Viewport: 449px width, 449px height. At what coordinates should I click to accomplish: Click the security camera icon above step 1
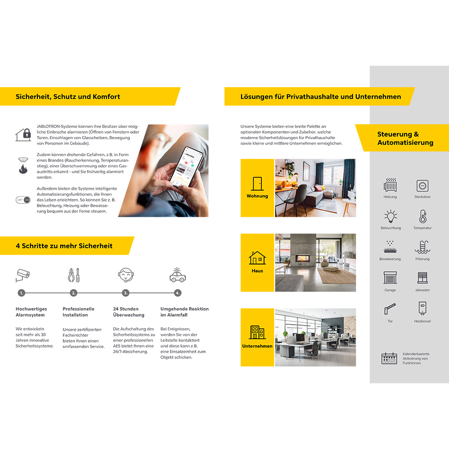(x=22, y=275)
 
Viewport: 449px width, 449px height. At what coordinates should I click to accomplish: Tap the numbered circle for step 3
(x=125, y=293)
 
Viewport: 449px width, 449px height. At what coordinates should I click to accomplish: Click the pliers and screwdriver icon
(x=74, y=275)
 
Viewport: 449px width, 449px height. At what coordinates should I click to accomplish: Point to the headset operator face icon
(x=126, y=275)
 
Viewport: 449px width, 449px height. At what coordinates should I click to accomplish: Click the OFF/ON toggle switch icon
(x=23, y=200)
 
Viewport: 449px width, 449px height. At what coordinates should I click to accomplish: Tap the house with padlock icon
(x=23, y=135)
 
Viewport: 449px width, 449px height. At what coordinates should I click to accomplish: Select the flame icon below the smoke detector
(x=23, y=169)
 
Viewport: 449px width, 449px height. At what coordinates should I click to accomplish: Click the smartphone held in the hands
(x=186, y=167)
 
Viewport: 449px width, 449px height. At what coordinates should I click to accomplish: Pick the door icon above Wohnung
(x=257, y=184)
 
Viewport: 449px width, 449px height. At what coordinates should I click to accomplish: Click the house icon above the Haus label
(x=257, y=258)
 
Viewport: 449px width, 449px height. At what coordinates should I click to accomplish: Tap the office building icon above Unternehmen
(x=257, y=332)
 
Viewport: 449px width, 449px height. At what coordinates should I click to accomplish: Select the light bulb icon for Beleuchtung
(x=391, y=216)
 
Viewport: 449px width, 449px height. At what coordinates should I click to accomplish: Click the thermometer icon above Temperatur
(x=423, y=216)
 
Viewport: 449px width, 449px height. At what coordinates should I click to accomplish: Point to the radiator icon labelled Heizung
(x=390, y=185)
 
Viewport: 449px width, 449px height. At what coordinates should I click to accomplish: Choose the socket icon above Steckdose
(x=423, y=185)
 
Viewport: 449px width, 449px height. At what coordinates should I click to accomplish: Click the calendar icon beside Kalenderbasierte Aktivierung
(x=389, y=358)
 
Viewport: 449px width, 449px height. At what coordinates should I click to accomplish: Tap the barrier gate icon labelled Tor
(x=390, y=309)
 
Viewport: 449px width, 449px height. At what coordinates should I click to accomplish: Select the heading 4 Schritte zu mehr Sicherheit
(x=64, y=246)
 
